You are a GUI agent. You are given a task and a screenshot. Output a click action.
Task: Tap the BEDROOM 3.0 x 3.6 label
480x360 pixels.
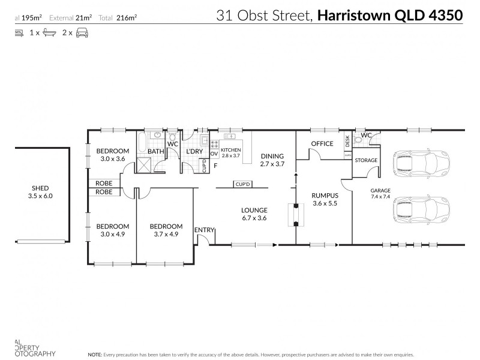(113, 155)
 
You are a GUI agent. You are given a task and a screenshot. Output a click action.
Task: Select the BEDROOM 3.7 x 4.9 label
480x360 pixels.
(165, 230)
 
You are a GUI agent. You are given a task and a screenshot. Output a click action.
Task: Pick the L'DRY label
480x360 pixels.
(194, 152)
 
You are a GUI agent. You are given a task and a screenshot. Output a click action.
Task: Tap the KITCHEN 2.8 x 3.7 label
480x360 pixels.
(231, 152)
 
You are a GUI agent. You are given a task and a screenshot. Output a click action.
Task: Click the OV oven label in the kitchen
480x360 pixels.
(214, 154)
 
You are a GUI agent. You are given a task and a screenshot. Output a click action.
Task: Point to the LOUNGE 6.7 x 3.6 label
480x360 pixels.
(254, 214)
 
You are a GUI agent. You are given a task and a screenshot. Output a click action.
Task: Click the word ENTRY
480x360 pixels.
(204, 230)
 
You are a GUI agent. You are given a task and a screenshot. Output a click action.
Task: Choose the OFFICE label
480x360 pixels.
(322, 143)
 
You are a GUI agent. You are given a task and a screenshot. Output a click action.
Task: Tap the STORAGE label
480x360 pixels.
(366, 160)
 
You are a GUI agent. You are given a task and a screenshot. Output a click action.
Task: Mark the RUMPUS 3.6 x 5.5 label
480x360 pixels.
(325, 199)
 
